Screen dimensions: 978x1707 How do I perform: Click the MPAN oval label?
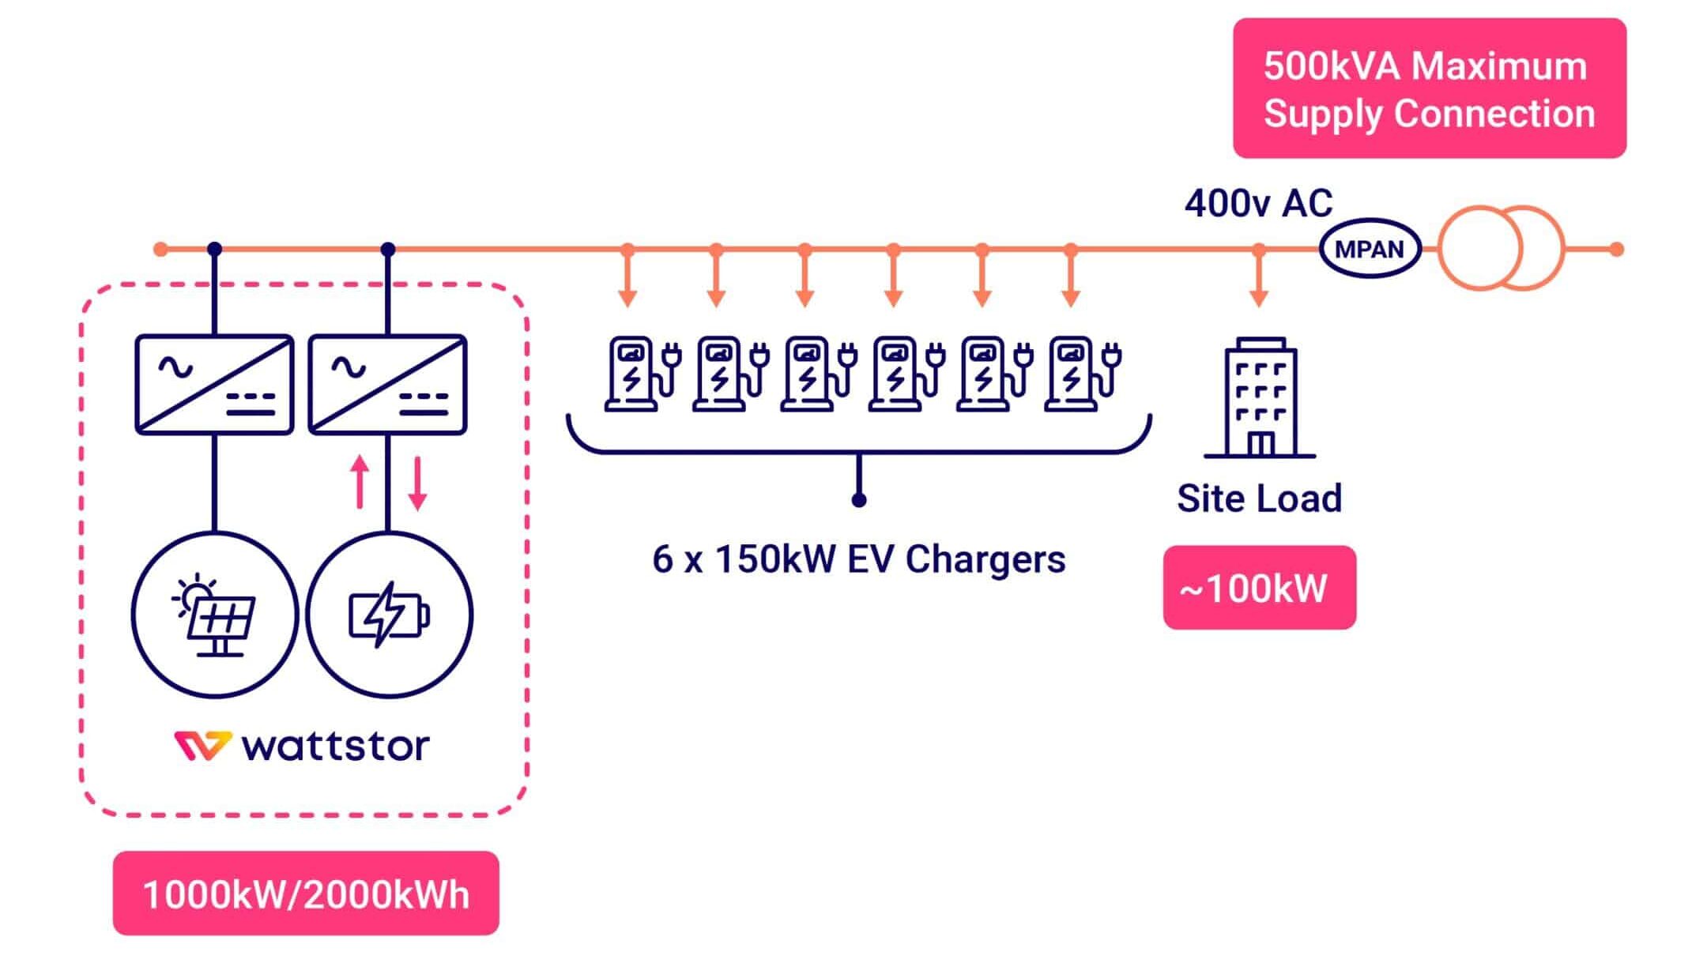1369,249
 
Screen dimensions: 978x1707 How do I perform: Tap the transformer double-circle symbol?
1499,248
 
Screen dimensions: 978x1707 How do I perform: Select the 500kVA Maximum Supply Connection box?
1429,88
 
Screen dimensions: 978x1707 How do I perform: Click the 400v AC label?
1258,204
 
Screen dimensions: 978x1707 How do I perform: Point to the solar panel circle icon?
214,615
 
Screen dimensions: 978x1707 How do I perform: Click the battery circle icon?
389,615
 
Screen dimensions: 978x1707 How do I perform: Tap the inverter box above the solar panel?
214,385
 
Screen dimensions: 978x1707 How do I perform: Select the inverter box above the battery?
387,385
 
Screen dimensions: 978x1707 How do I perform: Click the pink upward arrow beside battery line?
360,481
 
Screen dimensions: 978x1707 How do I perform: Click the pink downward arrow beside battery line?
417,483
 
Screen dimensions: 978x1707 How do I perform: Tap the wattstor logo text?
334,746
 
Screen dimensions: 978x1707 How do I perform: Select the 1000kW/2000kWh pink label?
306,893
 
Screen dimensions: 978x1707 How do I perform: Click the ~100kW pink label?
1259,588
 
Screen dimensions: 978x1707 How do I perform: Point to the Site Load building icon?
1260,398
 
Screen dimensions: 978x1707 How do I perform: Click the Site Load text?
1259,498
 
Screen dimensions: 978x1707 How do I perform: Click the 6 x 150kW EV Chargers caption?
858,559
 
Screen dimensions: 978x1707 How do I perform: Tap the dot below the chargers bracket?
859,500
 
